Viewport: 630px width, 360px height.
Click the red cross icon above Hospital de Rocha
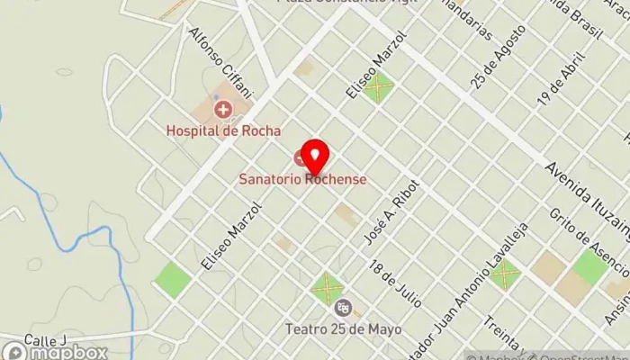tap(221, 110)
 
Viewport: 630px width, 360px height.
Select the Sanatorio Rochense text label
tap(302, 179)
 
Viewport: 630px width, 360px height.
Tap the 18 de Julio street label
tap(396, 283)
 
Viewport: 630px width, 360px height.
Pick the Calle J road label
tap(47, 339)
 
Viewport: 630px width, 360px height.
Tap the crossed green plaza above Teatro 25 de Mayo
tap(326, 288)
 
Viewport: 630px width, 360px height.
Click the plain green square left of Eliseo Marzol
tap(172, 280)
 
